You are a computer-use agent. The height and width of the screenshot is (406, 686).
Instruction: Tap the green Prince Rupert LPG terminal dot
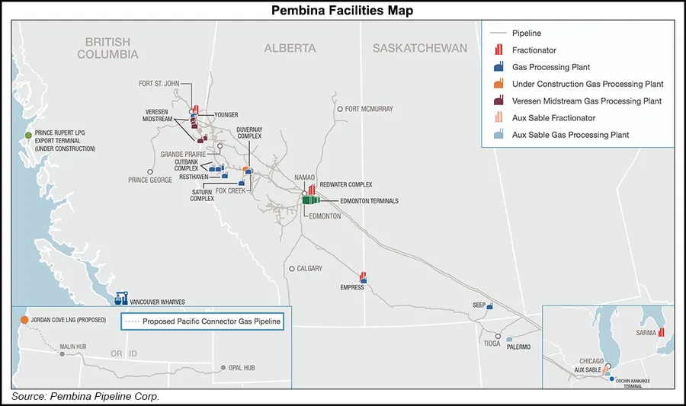(28, 135)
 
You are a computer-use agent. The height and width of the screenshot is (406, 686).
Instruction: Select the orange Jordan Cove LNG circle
(24, 321)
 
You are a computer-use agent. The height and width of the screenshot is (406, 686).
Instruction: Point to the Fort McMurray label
(369, 109)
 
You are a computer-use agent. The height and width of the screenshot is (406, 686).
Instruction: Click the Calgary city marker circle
(291, 268)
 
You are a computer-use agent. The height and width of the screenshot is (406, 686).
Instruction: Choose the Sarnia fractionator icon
(662, 331)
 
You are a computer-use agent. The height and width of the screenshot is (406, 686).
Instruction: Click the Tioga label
(492, 344)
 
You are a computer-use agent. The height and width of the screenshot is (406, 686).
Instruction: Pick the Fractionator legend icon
(499, 50)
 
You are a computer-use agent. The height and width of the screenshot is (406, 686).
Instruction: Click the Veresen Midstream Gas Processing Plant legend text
(587, 101)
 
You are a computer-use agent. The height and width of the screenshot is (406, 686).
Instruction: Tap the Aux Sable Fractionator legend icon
(499, 118)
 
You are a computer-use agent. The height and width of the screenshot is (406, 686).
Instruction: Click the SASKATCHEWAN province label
(419, 48)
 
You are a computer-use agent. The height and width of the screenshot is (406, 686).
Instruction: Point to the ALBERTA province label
(290, 48)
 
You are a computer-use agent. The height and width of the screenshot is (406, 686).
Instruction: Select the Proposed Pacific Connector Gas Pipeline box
(202, 321)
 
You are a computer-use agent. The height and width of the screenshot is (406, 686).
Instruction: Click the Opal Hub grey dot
(223, 368)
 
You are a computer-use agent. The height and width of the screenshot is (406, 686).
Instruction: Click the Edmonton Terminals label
(369, 201)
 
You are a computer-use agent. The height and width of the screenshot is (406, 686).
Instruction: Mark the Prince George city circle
(151, 171)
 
